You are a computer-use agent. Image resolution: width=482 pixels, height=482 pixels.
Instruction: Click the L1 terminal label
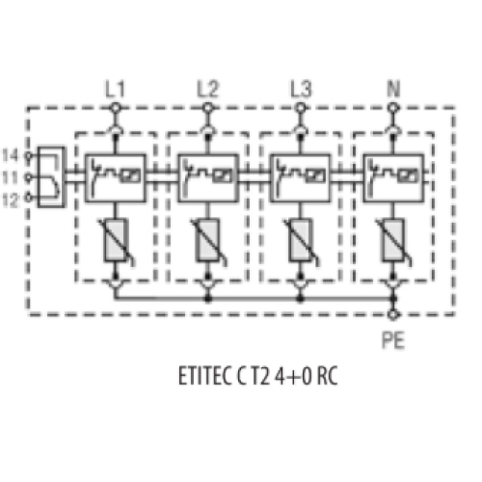(115, 89)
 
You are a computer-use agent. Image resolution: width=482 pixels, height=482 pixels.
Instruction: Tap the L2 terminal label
(207, 89)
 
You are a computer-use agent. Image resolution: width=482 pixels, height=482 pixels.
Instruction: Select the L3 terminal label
(301, 89)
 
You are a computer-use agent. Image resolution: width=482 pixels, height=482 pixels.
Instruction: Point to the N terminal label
(393, 89)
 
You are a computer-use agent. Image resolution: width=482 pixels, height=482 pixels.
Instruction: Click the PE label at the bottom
(393, 340)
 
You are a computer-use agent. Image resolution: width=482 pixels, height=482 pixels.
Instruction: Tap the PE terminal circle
(392, 315)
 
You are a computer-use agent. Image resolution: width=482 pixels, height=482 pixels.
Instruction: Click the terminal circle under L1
(115, 108)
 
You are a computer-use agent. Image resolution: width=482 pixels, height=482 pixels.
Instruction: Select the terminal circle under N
(392, 108)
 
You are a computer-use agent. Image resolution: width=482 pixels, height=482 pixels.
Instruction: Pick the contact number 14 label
(11, 155)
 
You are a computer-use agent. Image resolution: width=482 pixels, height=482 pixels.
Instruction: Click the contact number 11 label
(11, 177)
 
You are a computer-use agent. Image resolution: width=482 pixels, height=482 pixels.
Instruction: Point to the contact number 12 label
(11, 201)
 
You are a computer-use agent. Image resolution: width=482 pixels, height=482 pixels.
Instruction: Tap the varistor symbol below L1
(116, 240)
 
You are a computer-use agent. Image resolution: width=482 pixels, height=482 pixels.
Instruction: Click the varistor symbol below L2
(208, 240)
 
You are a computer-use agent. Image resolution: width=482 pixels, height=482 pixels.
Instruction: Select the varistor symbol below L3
(301, 240)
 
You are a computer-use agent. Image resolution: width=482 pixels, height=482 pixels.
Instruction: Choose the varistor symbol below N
(393, 240)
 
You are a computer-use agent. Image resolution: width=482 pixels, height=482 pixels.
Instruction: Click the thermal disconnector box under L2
(208, 178)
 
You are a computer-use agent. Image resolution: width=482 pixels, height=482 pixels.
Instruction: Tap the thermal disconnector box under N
(393, 178)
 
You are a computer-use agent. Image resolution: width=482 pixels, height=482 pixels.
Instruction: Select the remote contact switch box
(51, 177)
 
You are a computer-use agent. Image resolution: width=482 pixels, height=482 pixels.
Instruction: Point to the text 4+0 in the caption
(293, 376)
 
